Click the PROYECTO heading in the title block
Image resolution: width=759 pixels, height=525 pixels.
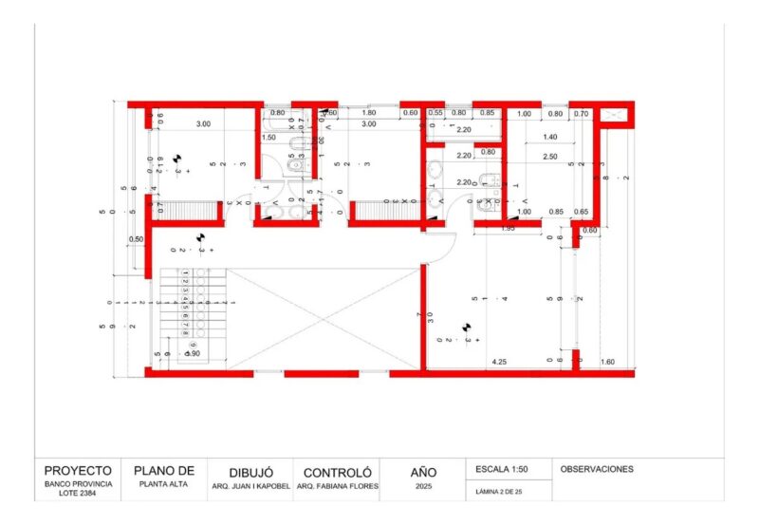[x=78, y=470]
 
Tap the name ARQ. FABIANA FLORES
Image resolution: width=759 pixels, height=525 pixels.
[x=337, y=486]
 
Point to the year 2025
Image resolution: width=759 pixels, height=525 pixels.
[x=423, y=486]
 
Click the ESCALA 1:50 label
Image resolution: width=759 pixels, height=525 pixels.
[x=505, y=469]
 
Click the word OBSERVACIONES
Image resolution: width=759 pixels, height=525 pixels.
[x=597, y=469]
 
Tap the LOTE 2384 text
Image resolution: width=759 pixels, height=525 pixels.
[x=78, y=494]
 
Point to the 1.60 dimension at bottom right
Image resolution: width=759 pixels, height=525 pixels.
[x=607, y=362]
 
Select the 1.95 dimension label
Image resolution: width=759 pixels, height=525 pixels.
[x=508, y=229]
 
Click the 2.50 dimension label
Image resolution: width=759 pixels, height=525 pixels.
[x=550, y=157]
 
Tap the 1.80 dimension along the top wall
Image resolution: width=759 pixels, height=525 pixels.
[x=369, y=114]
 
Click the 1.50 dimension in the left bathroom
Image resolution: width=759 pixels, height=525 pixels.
[x=268, y=138]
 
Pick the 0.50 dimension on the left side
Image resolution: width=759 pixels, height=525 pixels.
[x=137, y=239]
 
